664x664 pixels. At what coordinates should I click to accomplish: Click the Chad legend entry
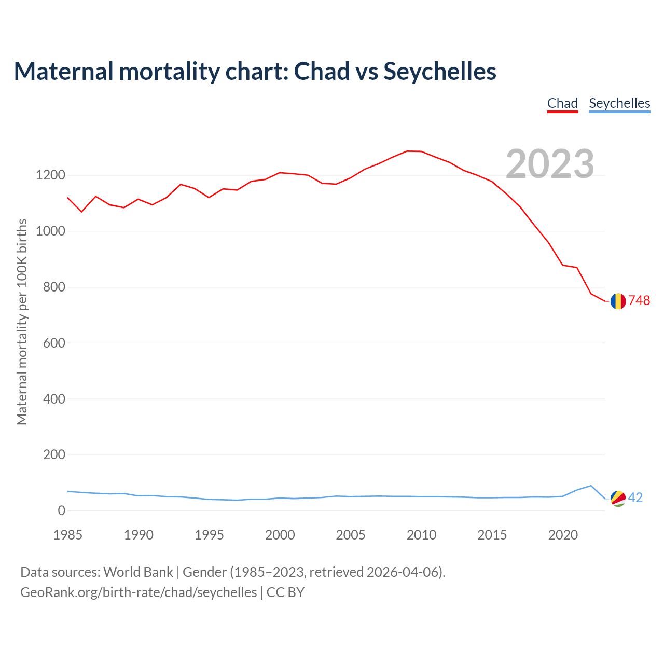562,103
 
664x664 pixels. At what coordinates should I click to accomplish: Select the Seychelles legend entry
619,103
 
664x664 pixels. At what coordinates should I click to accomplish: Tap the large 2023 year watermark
550,164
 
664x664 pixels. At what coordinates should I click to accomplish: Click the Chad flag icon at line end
618,301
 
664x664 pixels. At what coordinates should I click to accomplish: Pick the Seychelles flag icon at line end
618,498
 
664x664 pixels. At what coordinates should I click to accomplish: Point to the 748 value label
639,301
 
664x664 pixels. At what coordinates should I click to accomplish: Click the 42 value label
635,498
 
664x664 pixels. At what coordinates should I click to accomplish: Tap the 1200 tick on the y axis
50,175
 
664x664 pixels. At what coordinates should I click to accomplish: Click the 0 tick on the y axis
62,511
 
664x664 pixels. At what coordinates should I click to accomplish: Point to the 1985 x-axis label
68,535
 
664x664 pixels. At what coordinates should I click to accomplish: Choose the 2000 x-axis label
280,535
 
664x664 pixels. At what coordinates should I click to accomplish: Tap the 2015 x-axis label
492,535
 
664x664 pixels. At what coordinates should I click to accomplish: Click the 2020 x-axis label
563,535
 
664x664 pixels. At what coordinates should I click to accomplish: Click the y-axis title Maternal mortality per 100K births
22,322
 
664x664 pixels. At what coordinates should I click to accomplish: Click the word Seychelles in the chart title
440,72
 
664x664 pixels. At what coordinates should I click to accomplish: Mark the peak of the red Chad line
407,151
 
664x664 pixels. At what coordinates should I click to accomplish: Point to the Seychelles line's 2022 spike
591,486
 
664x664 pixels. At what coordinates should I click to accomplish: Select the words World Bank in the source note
138,572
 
